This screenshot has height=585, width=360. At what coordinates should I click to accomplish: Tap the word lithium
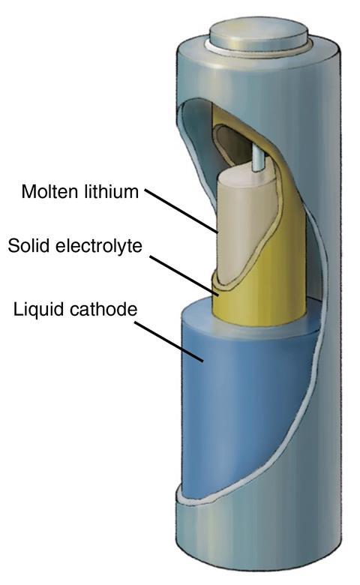coord(112,191)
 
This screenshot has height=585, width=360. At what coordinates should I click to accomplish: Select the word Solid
coord(28,246)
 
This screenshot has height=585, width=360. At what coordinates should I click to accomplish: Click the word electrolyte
coord(98,246)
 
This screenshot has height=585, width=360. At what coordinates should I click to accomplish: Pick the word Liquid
coord(37,310)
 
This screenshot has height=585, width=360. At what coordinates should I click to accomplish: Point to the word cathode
coord(101,310)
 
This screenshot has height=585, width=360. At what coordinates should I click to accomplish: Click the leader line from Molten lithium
coord(182,211)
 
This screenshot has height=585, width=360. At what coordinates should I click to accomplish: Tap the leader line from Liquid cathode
coord(169,342)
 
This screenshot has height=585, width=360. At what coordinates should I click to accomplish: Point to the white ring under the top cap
coord(259,50)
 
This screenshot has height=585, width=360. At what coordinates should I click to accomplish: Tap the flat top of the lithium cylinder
coord(242,178)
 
